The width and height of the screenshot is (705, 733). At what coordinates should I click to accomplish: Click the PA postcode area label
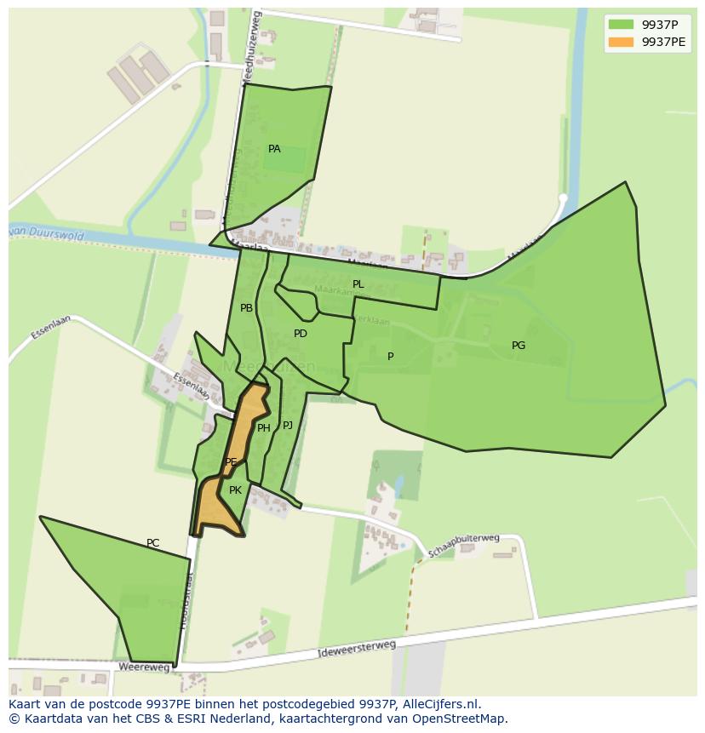tap(274, 149)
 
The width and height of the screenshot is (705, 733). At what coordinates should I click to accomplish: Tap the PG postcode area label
tap(518, 346)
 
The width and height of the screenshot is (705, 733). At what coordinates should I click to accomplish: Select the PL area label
tap(358, 284)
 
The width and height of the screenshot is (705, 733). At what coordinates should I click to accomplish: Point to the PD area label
tap(300, 334)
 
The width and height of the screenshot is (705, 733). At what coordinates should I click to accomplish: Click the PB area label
tap(246, 308)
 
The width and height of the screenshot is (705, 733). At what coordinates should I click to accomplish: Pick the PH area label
tap(263, 428)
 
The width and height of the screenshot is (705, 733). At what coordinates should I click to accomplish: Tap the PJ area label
tap(288, 425)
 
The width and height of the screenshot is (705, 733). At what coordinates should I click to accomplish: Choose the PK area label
tap(235, 490)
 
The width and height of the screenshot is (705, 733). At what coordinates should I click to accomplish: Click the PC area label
tap(152, 543)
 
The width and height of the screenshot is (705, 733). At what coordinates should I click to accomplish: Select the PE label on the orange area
tap(231, 462)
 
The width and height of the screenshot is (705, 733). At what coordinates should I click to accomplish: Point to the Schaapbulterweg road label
tap(463, 546)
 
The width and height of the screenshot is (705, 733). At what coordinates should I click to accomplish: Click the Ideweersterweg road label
tap(356, 649)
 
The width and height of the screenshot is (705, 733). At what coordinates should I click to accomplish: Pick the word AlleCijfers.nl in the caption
tap(439, 704)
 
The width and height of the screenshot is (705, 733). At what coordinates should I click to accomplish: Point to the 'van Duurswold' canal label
tap(47, 233)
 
